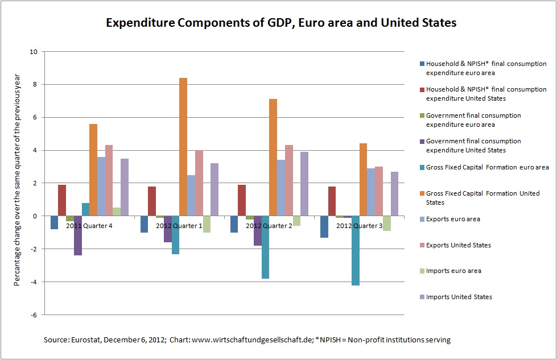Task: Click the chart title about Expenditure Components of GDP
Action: [280, 23]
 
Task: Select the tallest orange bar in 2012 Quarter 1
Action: [183, 147]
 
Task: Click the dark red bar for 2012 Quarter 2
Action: [242, 200]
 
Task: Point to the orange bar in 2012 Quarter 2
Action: [273, 158]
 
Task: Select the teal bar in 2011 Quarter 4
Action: [85, 209]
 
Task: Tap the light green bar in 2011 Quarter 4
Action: [117, 212]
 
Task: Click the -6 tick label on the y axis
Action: [34, 315]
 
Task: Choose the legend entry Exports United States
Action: [459, 245]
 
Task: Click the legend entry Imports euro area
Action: [453, 271]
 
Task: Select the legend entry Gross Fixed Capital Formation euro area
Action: [488, 167]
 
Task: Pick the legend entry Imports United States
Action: [459, 297]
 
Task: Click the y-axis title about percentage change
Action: [18, 183]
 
